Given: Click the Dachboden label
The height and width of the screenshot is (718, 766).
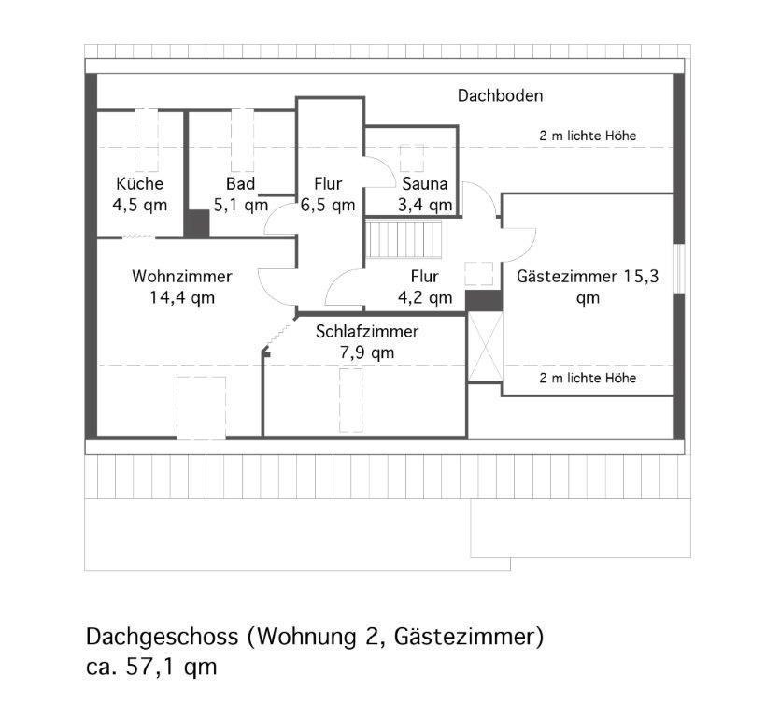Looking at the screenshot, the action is click(500, 95).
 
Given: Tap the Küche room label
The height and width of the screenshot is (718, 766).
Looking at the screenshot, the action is click(140, 183).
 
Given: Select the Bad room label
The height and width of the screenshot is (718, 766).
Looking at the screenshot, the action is click(240, 183).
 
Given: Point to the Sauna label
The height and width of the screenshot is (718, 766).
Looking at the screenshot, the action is click(425, 183).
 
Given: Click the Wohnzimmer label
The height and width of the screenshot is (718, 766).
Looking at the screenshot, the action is click(181, 277).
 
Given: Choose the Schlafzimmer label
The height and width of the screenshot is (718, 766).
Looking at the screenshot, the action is click(366, 331).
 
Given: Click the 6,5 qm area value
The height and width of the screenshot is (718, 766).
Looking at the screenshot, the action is click(327, 205).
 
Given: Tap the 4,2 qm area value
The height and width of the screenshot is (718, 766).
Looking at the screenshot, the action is click(425, 298).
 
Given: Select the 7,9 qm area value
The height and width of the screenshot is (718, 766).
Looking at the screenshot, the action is click(366, 352).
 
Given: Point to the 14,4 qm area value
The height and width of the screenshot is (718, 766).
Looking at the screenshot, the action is click(181, 298).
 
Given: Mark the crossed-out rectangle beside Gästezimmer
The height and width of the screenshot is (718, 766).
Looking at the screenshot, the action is click(484, 347).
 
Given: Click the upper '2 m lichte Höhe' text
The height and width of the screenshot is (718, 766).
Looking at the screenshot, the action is click(588, 136).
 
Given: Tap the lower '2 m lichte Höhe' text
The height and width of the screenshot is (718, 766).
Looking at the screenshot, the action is click(588, 379).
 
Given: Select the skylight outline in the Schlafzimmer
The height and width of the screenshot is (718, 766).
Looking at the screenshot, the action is click(350, 400).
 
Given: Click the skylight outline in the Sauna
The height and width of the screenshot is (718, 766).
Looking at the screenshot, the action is click(412, 157).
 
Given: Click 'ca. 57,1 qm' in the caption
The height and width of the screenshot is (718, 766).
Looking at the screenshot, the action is click(151, 668).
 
